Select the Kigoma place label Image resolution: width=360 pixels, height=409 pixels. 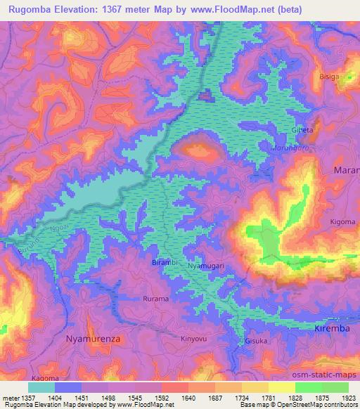(342, 222)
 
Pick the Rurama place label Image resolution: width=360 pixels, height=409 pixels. (156, 299)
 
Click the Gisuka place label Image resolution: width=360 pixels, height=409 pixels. (256, 342)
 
